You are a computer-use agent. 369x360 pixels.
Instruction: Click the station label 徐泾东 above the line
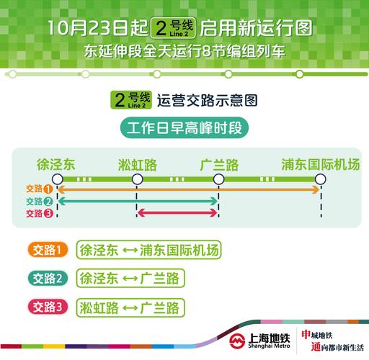(x=55, y=163)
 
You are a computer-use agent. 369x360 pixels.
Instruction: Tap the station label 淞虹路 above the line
(x=137, y=163)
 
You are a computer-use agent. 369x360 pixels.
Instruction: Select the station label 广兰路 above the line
(x=219, y=163)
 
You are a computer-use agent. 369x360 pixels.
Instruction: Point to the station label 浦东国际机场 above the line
(x=320, y=163)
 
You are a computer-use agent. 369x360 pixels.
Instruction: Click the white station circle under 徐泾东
(x=55, y=179)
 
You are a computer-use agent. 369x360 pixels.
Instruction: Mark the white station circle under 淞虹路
(x=137, y=179)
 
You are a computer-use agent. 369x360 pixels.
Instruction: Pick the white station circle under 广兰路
(x=219, y=179)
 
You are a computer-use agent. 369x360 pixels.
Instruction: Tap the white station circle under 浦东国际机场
(x=320, y=179)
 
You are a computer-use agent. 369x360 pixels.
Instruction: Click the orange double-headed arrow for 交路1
(x=187, y=189)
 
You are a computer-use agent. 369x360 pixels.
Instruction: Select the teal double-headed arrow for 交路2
(x=137, y=201)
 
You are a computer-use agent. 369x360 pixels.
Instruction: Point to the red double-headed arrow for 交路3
(x=178, y=212)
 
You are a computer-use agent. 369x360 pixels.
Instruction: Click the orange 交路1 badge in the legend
(x=49, y=250)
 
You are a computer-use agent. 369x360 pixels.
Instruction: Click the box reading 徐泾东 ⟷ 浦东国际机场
(x=149, y=250)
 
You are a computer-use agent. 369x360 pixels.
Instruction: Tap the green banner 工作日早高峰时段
(x=184, y=130)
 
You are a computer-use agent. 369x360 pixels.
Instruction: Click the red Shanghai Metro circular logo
(x=237, y=340)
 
